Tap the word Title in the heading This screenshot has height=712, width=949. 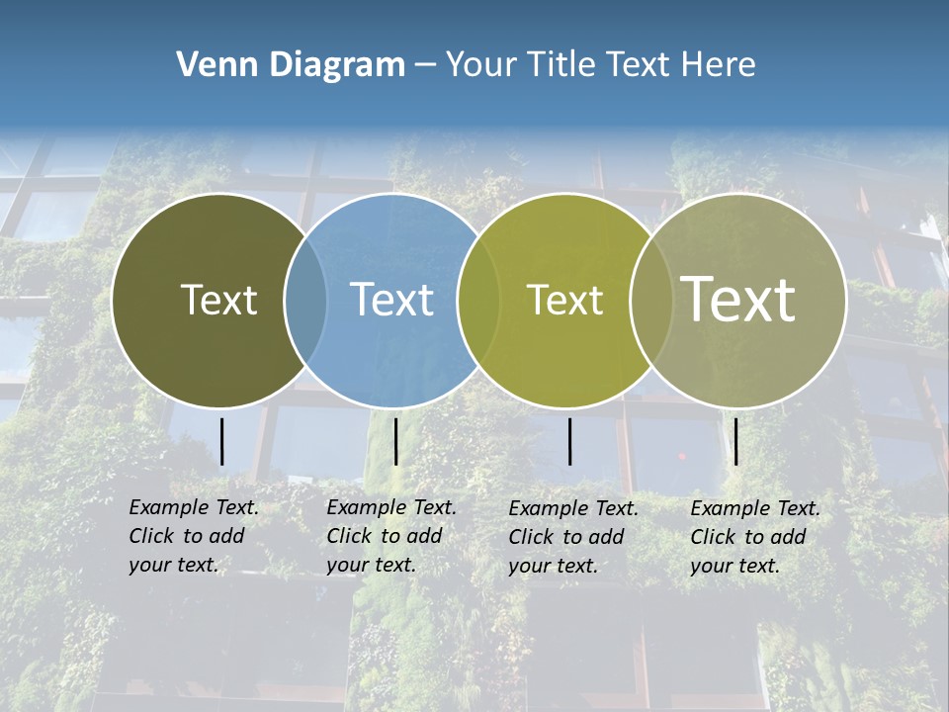click(x=561, y=65)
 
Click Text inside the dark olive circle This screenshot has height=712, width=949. click(x=218, y=300)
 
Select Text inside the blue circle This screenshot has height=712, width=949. click(x=391, y=300)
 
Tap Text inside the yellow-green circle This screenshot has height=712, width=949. click(x=564, y=300)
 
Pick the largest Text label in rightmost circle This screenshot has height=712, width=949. click(x=738, y=299)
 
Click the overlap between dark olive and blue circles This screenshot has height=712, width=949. click(x=305, y=301)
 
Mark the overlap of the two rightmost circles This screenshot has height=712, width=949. click(x=651, y=301)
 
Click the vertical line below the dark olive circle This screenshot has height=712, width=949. click(x=222, y=441)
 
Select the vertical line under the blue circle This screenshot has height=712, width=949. click(x=395, y=441)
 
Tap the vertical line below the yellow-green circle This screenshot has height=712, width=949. click(x=569, y=441)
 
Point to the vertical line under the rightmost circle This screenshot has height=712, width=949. click(x=735, y=441)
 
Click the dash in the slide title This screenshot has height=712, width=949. click(x=425, y=65)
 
